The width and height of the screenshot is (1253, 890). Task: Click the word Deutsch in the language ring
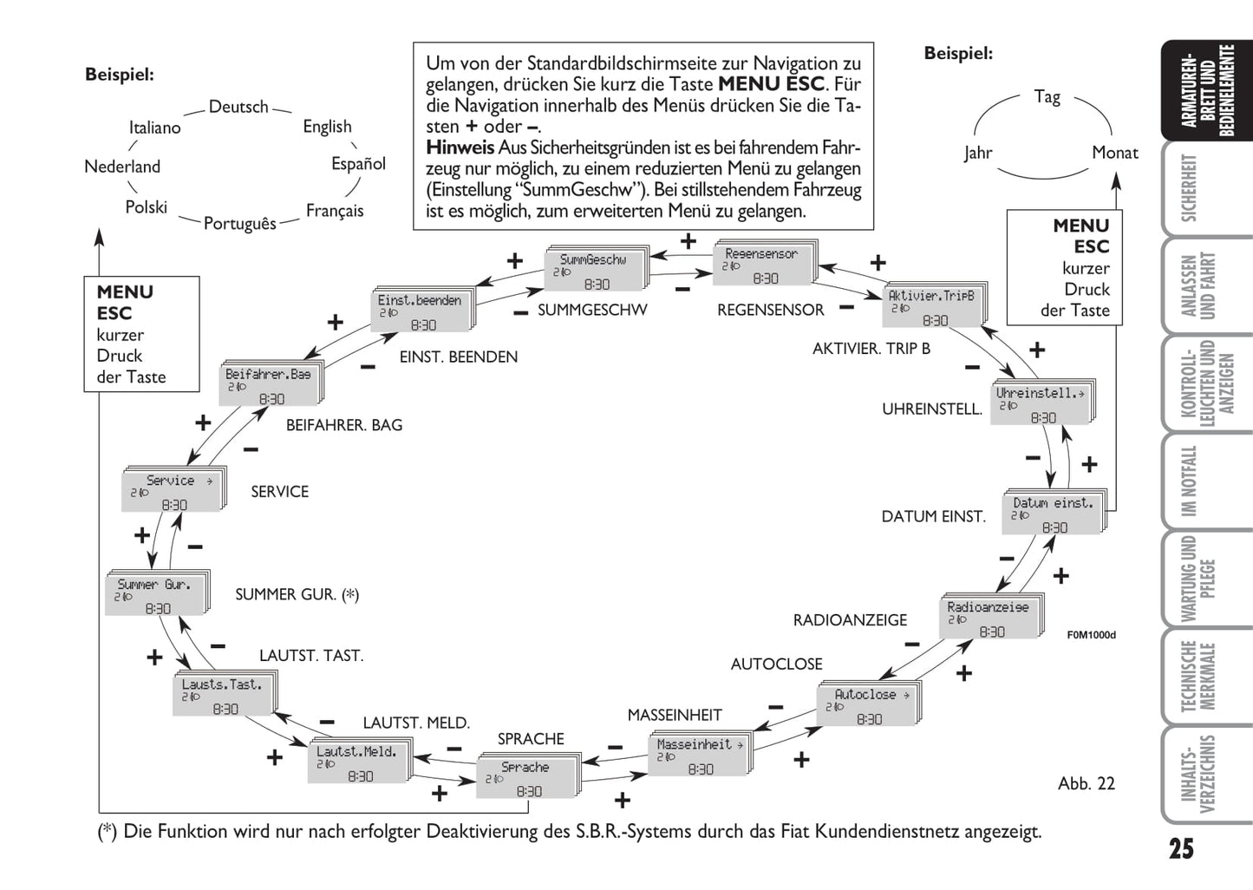coord(238,107)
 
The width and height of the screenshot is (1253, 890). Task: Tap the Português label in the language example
coord(239,223)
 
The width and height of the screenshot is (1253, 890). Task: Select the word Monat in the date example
coord(1114,153)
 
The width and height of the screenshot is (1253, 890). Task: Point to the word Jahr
coord(977,153)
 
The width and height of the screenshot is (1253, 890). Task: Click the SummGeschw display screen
coord(595,271)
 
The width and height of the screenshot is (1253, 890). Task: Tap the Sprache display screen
coord(526,778)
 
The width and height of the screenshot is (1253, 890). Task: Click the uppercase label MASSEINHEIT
coord(675,715)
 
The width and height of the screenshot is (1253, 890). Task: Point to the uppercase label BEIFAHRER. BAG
coord(344,425)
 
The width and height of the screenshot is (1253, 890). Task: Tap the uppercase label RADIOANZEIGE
coord(850,620)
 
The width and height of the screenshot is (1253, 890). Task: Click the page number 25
coord(1180,848)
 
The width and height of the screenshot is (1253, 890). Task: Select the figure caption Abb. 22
coord(1086,783)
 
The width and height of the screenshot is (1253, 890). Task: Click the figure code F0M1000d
coord(1091,635)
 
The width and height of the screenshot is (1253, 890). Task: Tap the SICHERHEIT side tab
coord(1189,188)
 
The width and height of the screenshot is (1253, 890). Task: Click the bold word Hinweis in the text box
coord(460,147)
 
